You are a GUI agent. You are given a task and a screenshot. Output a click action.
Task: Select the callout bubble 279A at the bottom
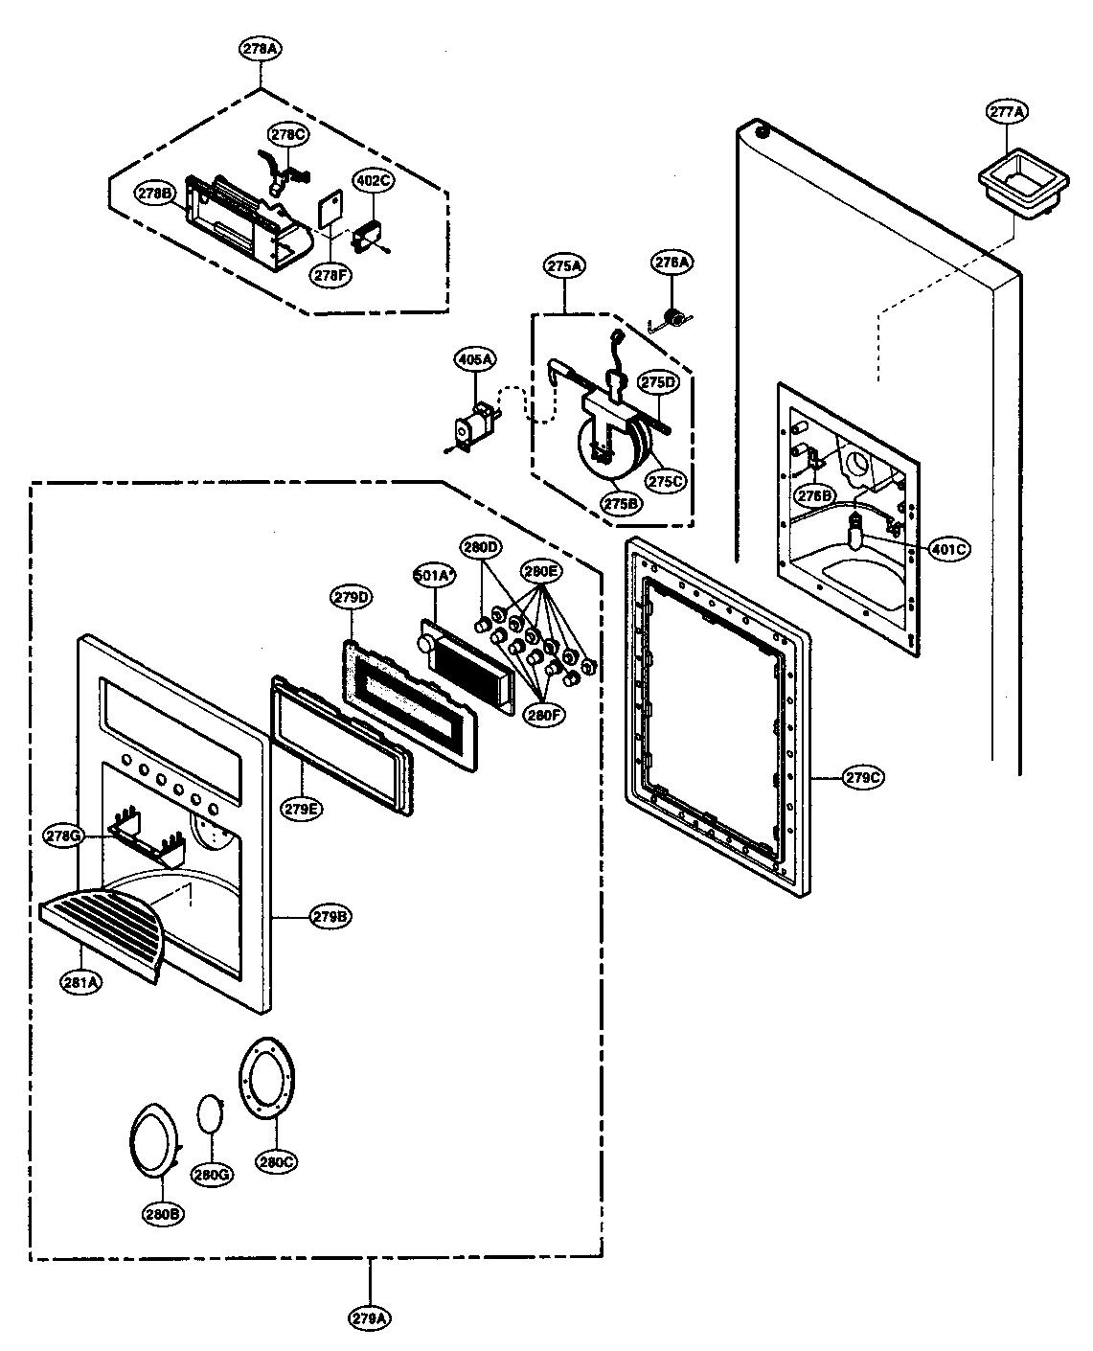[x=370, y=1317]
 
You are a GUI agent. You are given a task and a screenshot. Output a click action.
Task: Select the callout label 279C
[x=863, y=777]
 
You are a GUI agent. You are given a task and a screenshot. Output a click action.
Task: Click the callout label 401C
[x=949, y=549]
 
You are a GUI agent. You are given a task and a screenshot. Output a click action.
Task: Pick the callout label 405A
[x=474, y=359]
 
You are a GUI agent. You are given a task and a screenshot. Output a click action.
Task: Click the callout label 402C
[x=373, y=179]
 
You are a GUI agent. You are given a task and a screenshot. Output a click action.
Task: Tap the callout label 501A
[x=432, y=576]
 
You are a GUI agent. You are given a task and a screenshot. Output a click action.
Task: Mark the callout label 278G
[x=62, y=836]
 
